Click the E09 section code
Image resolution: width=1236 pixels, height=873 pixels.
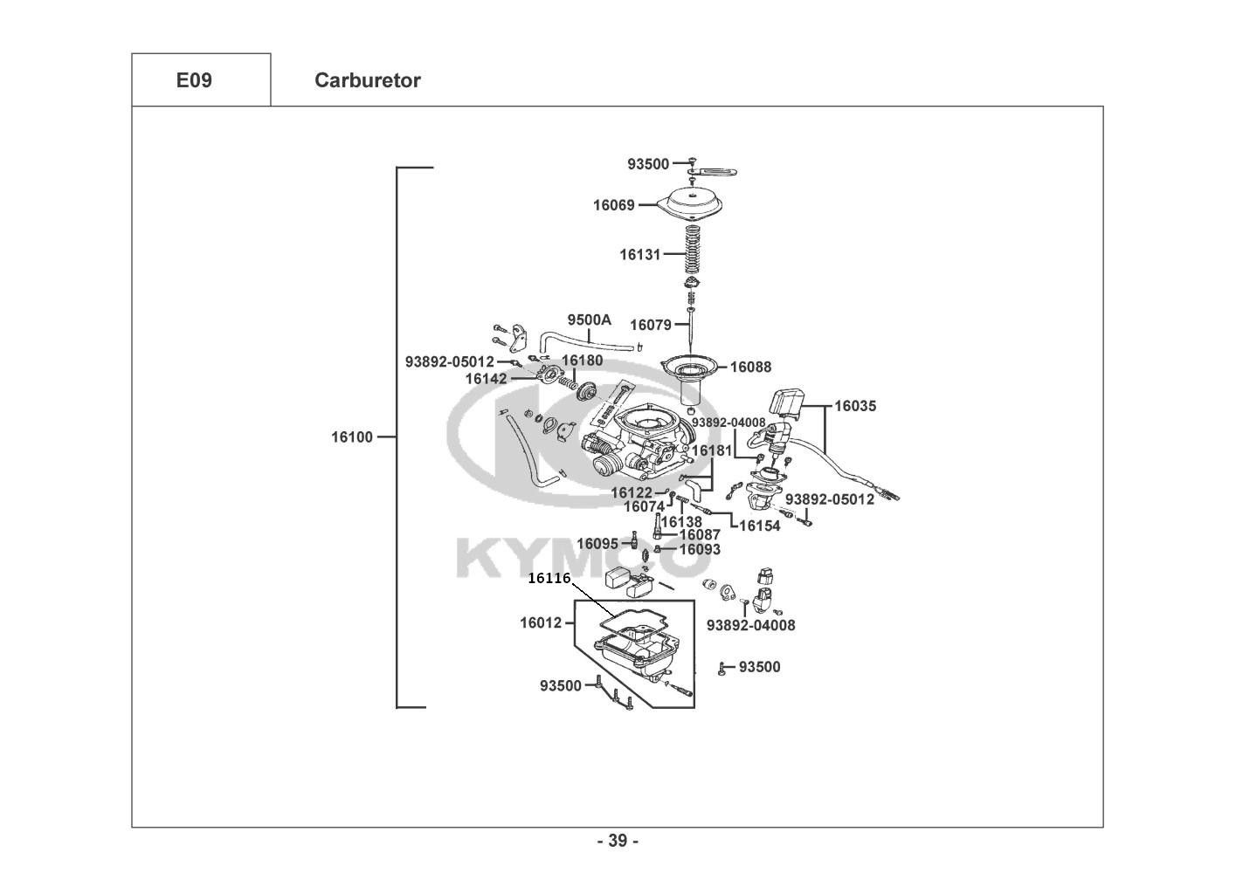pyautogui.click(x=194, y=80)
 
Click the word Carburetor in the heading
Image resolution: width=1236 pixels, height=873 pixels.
pyautogui.click(x=368, y=80)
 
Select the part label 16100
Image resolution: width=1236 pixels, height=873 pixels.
pyautogui.click(x=352, y=436)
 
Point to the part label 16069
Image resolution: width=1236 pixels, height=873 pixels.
pyautogui.click(x=614, y=205)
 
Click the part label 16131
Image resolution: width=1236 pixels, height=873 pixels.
pyautogui.click(x=640, y=254)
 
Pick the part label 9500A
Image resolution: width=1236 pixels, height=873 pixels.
pyautogui.click(x=590, y=320)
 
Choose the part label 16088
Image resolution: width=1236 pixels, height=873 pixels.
pyautogui.click(x=751, y=367)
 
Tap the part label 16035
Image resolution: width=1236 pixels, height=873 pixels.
pyautogui.click(x=855, y=406)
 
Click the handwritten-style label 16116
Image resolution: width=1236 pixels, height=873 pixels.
pyautogui.click(x=549, y=578)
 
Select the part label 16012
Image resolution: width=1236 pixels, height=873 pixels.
pyautogui.click(x=541, y=622)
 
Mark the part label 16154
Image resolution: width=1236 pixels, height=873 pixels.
pyautogui.click(x=760, y=526)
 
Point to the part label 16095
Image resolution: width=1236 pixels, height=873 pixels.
pyautogui.click(x=597, y=544)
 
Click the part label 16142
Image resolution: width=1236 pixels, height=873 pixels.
pyautogui.click(x=487, y=379)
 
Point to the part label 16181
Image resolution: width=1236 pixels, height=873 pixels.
pyautogui.click(x=712, y=450)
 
